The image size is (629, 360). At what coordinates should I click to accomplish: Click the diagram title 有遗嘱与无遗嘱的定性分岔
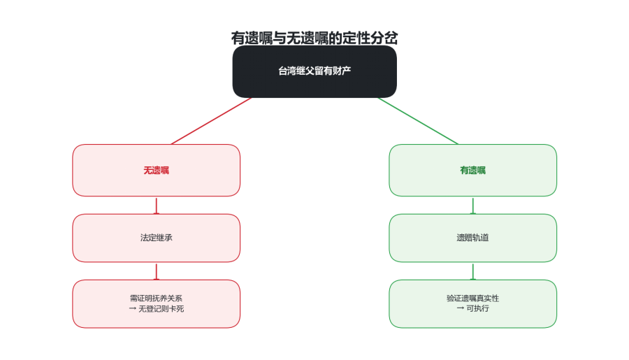tap(314, 38)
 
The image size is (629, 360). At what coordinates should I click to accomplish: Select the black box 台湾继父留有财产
tap(314, 71)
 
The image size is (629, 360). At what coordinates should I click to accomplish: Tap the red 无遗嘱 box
tap(156, 170)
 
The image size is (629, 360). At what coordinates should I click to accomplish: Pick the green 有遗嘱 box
tap(472, 170)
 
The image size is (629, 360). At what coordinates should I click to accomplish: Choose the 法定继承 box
tap(156, 238)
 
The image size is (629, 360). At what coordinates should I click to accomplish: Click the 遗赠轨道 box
tap(472, 238)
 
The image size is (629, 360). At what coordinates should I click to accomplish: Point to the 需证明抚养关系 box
tap(156, 304)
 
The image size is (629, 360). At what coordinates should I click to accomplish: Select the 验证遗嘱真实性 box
tap(472, 304)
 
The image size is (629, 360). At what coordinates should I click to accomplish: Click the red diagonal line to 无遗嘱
tap(211, 121)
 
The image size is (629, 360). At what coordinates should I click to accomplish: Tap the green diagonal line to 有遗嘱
tap(418, 121)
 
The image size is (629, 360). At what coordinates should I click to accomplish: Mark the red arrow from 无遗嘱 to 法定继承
tap(156, 206)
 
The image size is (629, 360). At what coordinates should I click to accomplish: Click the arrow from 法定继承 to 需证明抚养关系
tap(156, 271)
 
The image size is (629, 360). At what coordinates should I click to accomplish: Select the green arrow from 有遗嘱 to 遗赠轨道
tap(472, 206)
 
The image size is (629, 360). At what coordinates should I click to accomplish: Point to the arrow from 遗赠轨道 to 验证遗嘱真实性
tap(472, 271)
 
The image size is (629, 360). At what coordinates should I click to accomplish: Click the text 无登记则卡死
tap(161, 309)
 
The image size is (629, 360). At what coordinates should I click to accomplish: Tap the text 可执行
tap(478, 308)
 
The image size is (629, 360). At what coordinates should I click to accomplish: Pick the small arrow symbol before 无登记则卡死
tap(132, 309)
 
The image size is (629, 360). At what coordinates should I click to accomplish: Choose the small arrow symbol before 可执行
tap(461, 308)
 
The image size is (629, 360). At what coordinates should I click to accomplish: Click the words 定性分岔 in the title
tap(370, 38)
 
